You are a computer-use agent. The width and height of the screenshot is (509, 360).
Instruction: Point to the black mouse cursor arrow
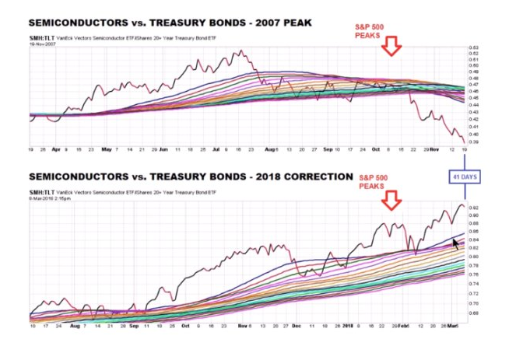(x=457, y=245)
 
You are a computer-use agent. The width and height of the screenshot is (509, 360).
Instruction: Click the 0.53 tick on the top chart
(x=473, y=48)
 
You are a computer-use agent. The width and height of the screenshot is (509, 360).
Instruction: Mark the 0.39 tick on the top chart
(x=473, y=141)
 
